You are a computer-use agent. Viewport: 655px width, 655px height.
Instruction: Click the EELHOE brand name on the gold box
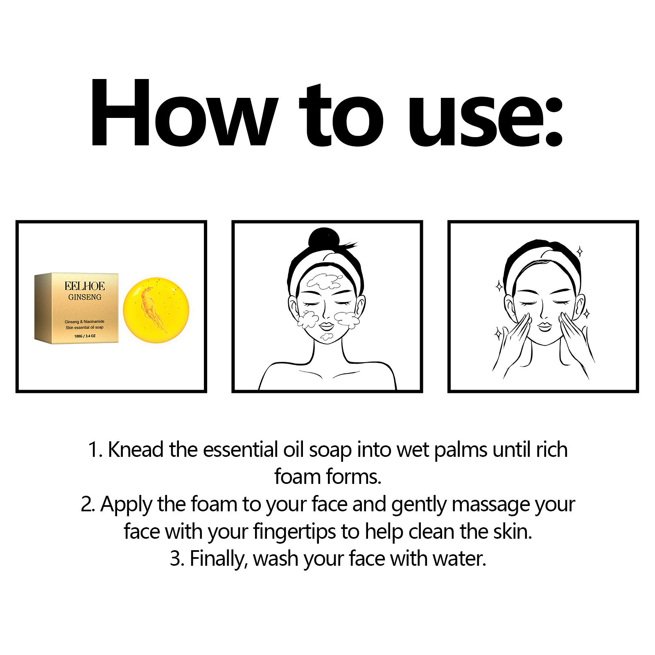tap(85, 286)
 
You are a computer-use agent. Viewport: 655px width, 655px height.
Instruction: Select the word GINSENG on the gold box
tap(85, 297)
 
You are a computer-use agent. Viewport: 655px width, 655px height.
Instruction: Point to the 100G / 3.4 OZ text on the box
tap(85, 336)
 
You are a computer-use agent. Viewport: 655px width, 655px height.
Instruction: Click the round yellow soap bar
tap(156, 310)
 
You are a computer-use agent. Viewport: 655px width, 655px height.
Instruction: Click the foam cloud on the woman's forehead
tap(324, 282)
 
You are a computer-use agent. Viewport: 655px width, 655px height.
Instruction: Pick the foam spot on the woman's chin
tap(327, 337)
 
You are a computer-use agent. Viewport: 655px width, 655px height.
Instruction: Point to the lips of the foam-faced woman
tap(327, 326)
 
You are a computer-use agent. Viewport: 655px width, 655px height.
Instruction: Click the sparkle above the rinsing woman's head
tap(579, 251)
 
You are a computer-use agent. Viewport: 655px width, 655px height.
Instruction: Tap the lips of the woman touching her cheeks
tap(544, 326)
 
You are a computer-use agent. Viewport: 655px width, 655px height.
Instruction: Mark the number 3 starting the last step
tap(176, 559)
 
